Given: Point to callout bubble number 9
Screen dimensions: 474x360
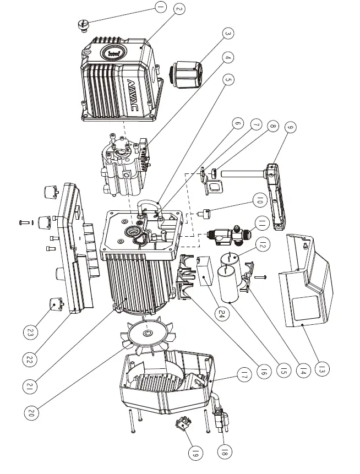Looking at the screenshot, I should pos(291,128).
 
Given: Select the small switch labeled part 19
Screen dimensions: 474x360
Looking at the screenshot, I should pos(183,424).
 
